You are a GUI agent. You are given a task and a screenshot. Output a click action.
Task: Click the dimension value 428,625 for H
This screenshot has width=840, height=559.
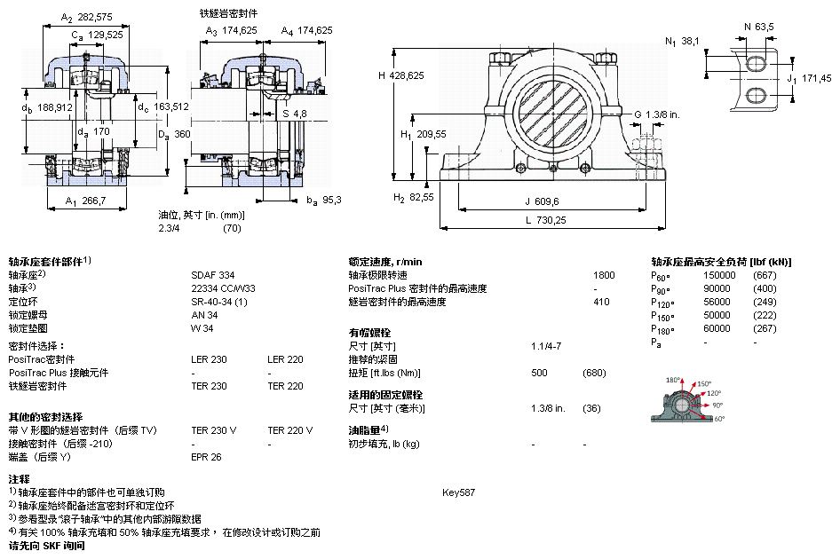[408, 75]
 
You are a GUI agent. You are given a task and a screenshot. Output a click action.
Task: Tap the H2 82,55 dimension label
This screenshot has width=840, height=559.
[414, 197]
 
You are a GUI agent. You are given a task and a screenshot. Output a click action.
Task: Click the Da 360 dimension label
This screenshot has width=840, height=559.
[174, 134]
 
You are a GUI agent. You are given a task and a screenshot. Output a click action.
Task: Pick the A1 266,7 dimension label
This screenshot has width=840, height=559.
[85, 201]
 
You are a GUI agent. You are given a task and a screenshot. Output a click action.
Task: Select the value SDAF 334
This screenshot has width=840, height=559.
[213, 275]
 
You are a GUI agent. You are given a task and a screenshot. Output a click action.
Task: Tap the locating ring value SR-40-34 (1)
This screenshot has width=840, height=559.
[220, 302]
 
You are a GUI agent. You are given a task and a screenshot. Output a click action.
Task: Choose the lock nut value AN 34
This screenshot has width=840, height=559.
[205, 315]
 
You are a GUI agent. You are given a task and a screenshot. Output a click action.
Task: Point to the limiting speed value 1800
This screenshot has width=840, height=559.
[603, 275]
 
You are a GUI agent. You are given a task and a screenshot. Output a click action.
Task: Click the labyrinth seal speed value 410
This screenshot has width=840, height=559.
[603, 302]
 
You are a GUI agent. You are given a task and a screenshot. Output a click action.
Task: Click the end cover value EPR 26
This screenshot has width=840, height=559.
[207, 457]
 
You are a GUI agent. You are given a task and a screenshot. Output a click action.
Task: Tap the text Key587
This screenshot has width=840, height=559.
[458, 492]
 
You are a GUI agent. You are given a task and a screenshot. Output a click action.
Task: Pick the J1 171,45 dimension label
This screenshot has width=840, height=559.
[809, 79]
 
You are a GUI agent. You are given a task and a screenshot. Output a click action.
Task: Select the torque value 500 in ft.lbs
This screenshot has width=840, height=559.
[539, 373]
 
